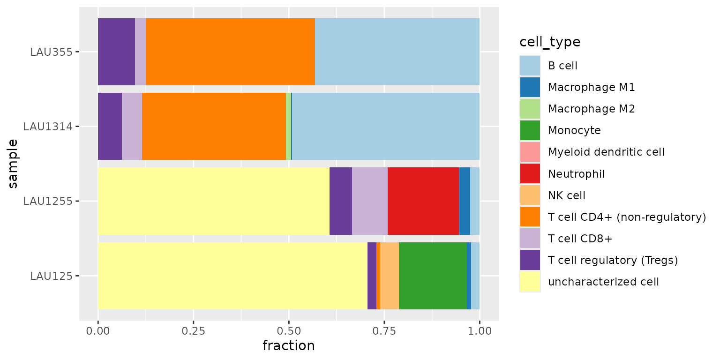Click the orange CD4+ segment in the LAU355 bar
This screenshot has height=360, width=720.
[x=230, y=52]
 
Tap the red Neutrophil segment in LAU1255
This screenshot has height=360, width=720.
[x=423, y=201]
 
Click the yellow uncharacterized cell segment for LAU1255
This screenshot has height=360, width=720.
[x=213, y=201]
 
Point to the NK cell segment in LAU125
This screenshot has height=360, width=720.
[x=389, y=276]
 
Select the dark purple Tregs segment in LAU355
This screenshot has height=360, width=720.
[x=116, y=52]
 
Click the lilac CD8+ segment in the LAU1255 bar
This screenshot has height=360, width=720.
[x=369, y=201]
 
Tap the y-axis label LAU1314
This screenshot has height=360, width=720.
[x=48, y=127]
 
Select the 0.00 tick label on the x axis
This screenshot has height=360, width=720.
[x=98, y=331]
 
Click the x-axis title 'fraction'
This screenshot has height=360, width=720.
[x=288, y=346]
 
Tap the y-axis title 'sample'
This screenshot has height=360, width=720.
[x=13, y=164]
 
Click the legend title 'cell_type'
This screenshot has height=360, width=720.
[x=550, y=42]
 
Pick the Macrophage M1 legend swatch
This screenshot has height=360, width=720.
[x=530, y=87]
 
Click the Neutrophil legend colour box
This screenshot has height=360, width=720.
[x=530, y=174]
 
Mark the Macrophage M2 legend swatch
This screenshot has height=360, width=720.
[x=530, y=109]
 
